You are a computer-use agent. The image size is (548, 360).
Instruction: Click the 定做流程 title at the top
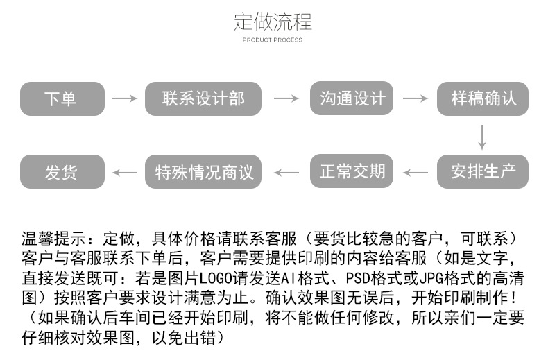[x=273, y=22]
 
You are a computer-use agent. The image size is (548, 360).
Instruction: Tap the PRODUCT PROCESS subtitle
[x=273, y=40]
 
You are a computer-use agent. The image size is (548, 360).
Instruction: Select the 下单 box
[x=62, y=98]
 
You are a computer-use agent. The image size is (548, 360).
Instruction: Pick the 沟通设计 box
[x=352, y=98]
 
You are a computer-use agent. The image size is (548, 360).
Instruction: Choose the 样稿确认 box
[x=482, y=98]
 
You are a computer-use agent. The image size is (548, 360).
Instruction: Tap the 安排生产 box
[x=482, y=171]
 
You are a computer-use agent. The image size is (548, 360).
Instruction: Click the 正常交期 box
[x=352, y=171]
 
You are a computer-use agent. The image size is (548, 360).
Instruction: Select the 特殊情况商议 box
[x=203, y=171]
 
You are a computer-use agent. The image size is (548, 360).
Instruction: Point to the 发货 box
[x=62, y=171]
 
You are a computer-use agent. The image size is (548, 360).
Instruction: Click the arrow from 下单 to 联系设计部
[x=125, y=98]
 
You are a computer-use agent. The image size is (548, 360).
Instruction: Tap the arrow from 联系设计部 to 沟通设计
[x=286, y=98]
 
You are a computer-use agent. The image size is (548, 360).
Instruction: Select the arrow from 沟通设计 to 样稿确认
[x=416, y=98]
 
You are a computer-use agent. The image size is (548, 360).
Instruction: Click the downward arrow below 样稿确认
[x=482, y=136]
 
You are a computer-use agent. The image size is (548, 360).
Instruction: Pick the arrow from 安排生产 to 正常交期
[x=416, y=171]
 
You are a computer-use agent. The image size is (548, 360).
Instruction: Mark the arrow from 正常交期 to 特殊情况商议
[x=286, y=171]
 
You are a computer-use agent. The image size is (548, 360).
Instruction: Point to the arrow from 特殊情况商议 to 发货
[x=125, y=171]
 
